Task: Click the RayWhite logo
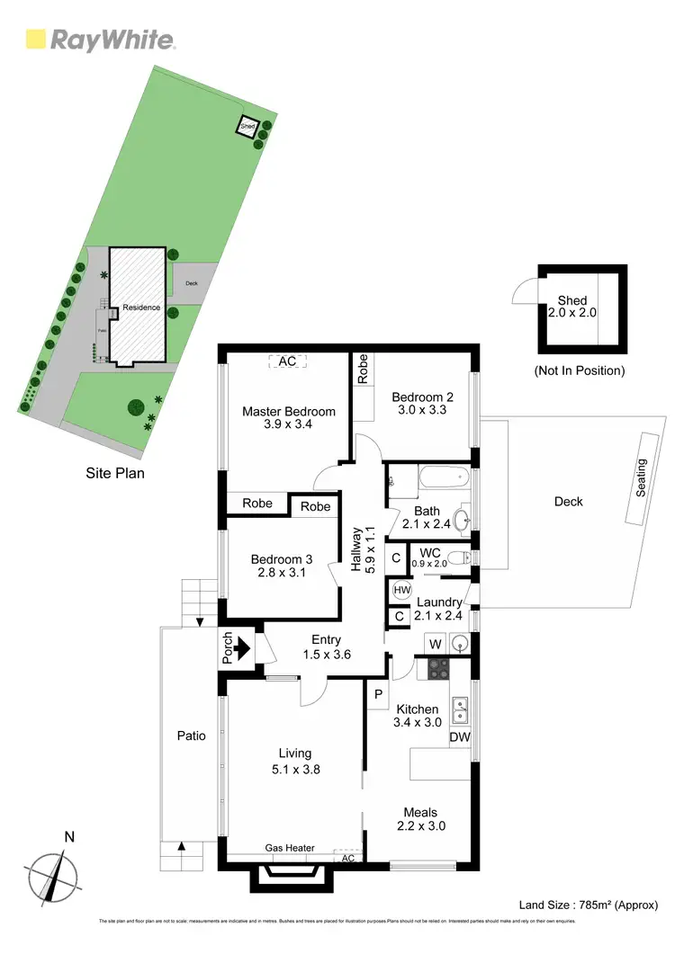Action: [x=100, y=40]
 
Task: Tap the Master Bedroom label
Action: [x=289, y=418]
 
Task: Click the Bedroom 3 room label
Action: [x=282, y=566]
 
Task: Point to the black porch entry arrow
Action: [x=244, y=646]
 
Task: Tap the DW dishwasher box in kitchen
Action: [x=460, y=737]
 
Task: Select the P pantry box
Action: [x=376, y=693]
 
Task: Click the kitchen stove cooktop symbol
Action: [x=438, y=668]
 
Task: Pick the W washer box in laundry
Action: [x=435, y=644]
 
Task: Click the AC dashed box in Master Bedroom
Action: [x=287, y=361]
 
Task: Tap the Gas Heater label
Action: [x=287, y=848]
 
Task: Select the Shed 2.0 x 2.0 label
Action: [x=572, y=307]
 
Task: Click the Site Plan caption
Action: [x=114, y=472]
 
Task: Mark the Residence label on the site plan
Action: [x=141, y=308]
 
